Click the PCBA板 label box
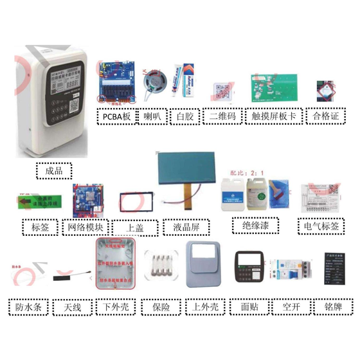click(116, 116)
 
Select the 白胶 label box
click(184, 116)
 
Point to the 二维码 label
click(222, 116)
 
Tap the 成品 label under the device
click(55, 171)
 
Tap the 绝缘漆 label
click(255, 226)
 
